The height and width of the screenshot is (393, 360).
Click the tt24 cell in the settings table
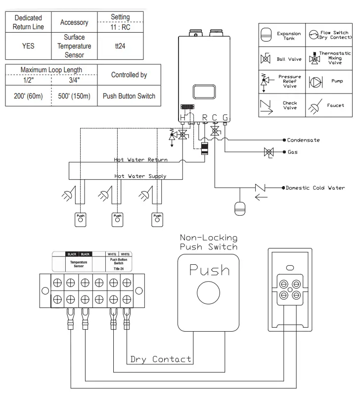tap(120, 46)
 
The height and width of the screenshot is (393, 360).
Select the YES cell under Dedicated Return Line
tap(28, 46)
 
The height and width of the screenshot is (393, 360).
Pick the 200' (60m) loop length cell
tap(28, 96)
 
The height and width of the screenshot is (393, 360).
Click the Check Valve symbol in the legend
tap(266, 106)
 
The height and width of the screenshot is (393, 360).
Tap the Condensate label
tap(303, 140)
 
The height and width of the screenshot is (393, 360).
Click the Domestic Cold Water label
tap(315, 188)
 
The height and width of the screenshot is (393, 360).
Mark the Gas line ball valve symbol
tap(269, 152)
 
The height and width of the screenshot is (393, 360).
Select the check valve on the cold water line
tap(259, 188)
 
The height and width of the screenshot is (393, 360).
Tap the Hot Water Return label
tap(141, 160)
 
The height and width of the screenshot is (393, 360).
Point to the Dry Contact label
tap(160, 359)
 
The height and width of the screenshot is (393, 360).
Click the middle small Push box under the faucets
tap(117, 218)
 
